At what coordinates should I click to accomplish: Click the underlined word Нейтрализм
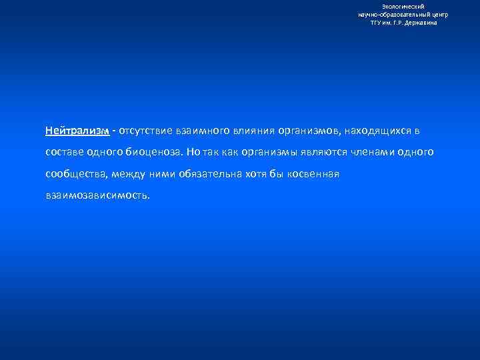[x=77, y=131]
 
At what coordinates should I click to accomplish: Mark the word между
[x=129, y=175]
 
